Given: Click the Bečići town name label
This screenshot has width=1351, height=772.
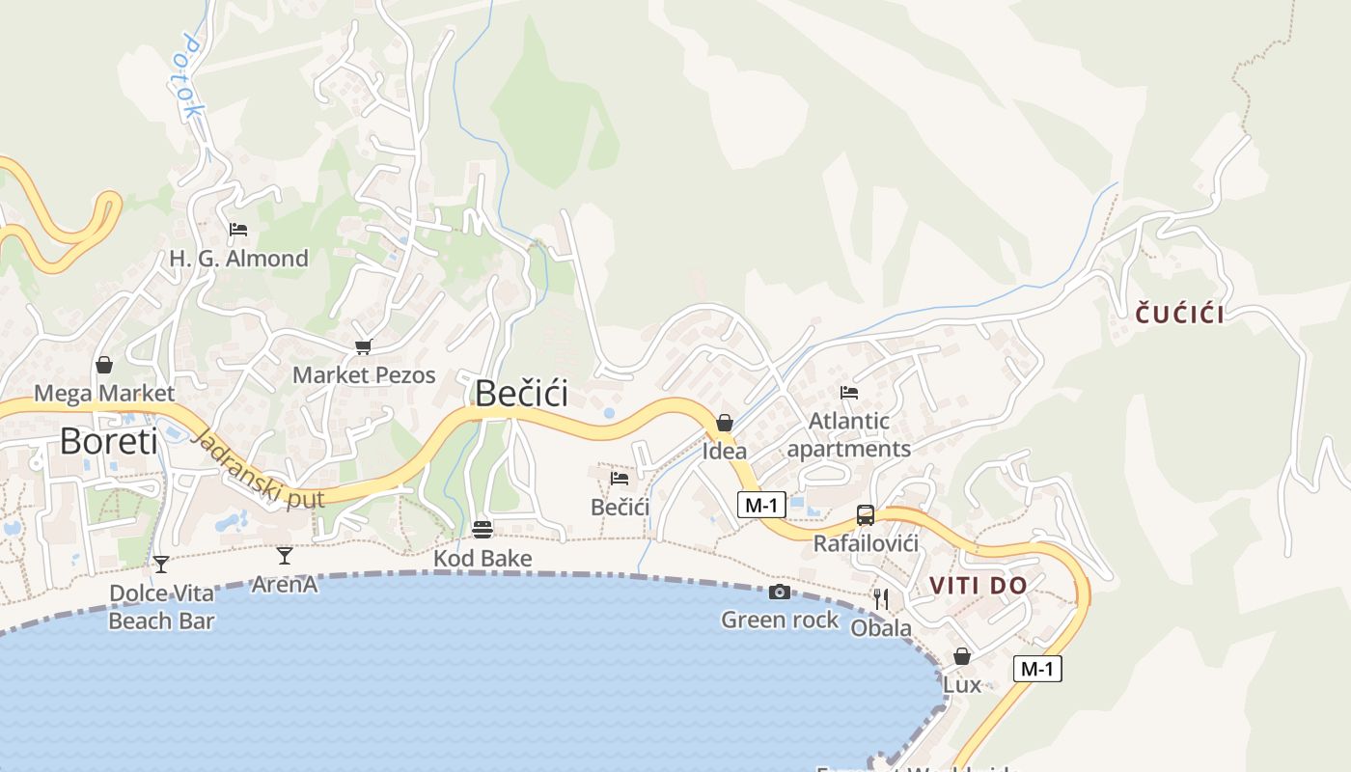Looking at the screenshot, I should point(521,394).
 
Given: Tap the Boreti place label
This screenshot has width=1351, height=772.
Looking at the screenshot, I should point(108,441).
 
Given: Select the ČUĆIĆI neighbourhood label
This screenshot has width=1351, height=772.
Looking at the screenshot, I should point(1179,314).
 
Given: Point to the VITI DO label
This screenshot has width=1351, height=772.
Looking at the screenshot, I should point(979,585).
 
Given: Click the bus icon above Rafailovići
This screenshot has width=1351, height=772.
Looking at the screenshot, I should point(866,515).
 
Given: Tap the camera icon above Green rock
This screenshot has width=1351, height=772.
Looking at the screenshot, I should point(780,592).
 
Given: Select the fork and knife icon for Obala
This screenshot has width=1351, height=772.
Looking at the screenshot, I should point(880,599).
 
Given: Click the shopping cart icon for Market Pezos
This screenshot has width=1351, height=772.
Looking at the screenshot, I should point(364,347).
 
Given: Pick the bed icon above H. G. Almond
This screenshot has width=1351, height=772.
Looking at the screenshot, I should point(238,230).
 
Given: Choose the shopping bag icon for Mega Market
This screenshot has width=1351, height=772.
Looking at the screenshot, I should point(104,365).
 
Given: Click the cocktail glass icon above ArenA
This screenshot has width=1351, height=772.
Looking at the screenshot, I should point(285,556).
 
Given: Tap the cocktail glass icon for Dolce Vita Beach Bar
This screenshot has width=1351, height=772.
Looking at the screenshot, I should point(161,564).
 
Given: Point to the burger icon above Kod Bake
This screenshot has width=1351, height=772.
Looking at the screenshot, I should point(482,529).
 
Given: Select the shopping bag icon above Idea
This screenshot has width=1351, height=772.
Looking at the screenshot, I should point(725,423).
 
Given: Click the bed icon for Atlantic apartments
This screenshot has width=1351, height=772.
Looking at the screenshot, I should point(849,392).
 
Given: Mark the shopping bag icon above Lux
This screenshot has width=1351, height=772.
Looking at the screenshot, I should point(962,656).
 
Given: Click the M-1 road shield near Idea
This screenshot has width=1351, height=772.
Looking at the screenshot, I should point(761,504).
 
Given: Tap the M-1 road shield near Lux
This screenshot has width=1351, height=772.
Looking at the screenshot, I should point(1037,668).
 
